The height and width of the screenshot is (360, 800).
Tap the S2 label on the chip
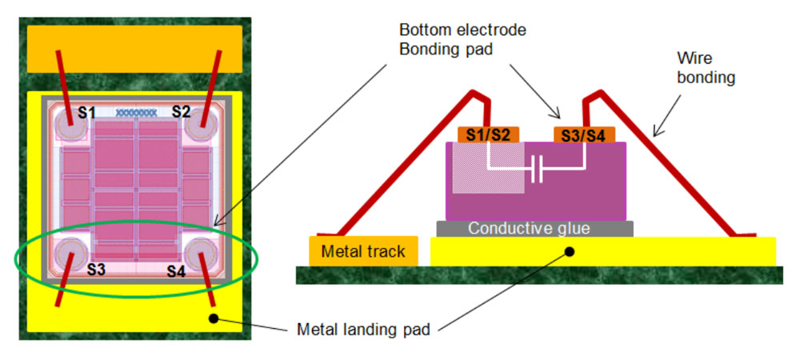point(181,111)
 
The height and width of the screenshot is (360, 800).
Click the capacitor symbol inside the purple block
point(538,169)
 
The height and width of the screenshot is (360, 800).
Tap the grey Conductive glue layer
point(535,229)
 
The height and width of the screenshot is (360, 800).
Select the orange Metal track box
point(362,252)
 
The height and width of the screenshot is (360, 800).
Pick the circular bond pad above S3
point(70,254)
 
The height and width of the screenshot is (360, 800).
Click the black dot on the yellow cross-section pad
point(569,251)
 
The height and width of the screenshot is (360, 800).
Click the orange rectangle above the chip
point(134,49)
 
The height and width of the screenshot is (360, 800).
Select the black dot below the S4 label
point(214,319)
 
